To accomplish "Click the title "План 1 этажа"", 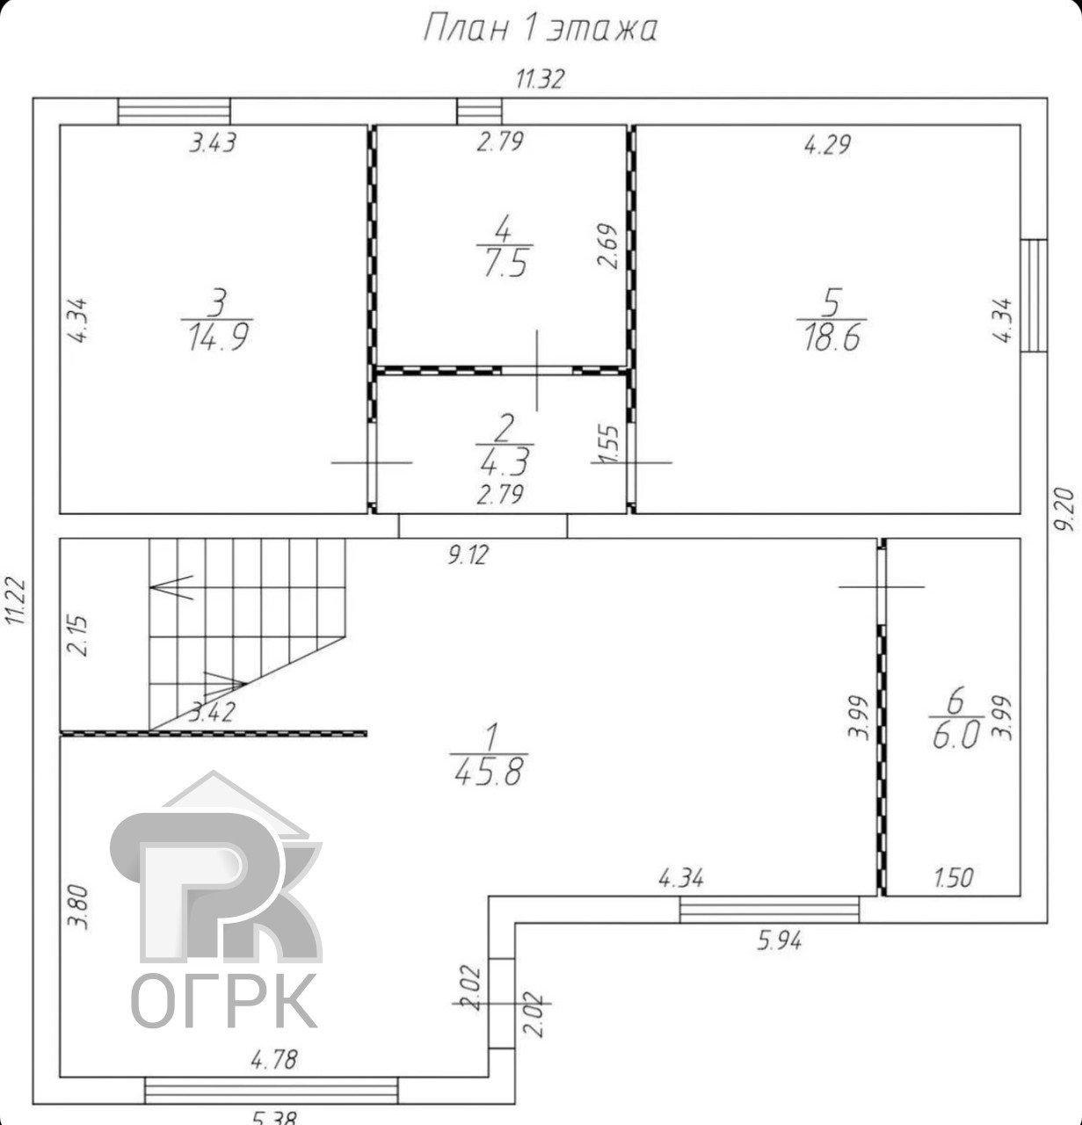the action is coord(541,29).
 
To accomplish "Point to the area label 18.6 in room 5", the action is coord(832,337).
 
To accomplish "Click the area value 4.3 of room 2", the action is coord(505,462).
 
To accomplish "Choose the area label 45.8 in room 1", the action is coord(489,772).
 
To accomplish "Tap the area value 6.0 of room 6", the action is coord(956,736).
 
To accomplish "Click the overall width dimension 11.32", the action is coord(540,79).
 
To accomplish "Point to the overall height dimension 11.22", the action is coord(17,600).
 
